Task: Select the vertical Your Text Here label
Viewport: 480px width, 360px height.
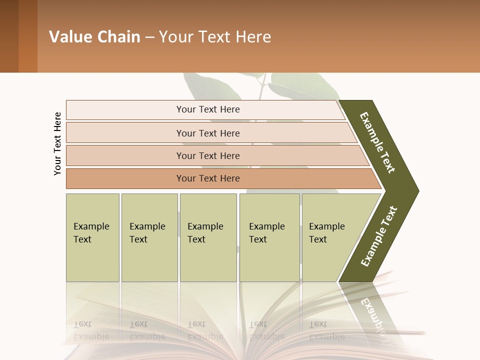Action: coord(57,143)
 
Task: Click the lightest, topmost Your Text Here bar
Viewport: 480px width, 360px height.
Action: coord(207,109)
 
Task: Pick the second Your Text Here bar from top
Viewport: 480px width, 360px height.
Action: coord(207,133)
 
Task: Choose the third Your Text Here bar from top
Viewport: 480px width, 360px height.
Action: coord(207,155)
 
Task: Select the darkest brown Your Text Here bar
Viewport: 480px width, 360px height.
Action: coord(207,178)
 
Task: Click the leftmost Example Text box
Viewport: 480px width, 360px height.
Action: coord(92,237)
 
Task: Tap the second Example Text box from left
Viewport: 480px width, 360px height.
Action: coord(149,237)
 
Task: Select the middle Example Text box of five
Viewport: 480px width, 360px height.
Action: coord(208,237)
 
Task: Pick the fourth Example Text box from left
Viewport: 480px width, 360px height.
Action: coord(269,237)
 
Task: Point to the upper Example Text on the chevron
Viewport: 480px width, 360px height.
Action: coord(378,143)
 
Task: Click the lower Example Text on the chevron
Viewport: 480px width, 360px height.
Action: coord(379,236)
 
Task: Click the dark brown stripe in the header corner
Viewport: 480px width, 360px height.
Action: coord(9,36)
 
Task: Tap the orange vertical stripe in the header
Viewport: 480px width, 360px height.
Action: coord(28,36)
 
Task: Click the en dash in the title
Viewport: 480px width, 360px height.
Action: coord(149,37)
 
